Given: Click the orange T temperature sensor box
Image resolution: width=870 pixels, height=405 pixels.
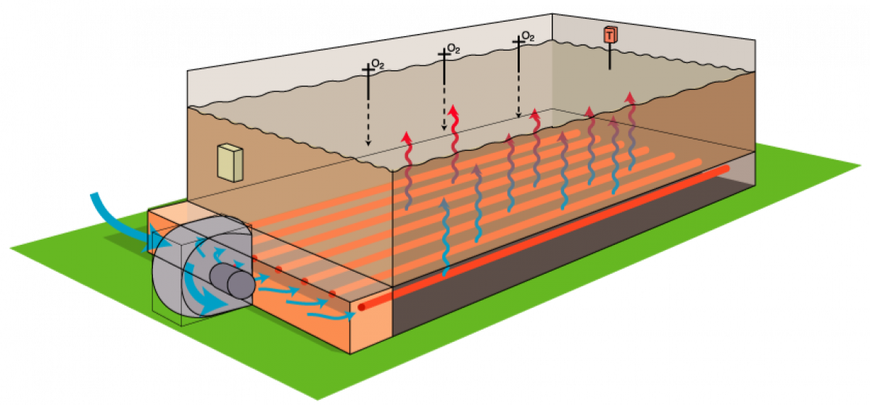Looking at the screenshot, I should pyautogui.click(x=610, y=35).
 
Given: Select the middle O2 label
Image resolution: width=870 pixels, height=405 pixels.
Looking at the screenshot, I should pyautogui.click(x=454, y=49).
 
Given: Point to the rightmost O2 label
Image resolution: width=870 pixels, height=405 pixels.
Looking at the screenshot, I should pyautogui.click(x=529, y=36).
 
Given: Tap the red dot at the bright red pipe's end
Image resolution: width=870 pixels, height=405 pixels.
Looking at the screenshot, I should pyautogui.click(x=361, y=306).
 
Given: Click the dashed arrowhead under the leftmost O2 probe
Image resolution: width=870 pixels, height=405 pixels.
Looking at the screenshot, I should pyautogui.click(x=368, y=142).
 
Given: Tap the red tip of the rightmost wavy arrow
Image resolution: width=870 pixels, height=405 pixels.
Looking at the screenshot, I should pyautogui.click(x=630, y=96).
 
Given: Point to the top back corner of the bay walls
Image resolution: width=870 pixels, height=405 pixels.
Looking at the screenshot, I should pyautogui.click(x=552, y=15).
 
